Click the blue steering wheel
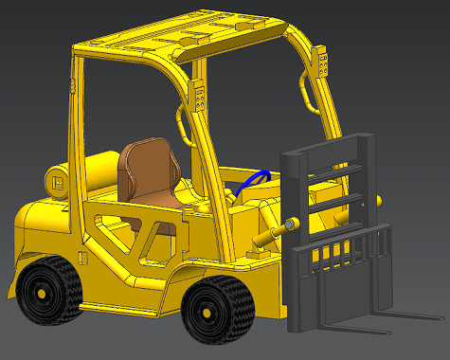(254, 179)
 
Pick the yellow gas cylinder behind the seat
(90, 174)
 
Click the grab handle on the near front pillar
(182, 124)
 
